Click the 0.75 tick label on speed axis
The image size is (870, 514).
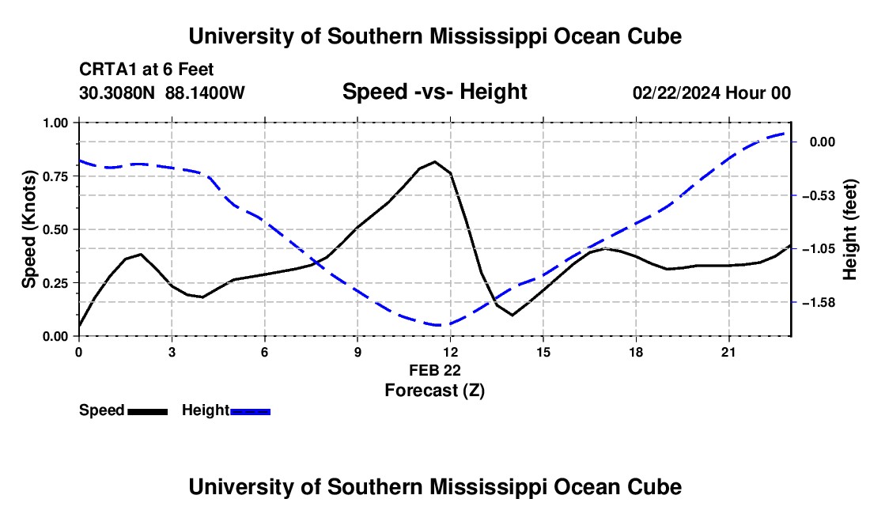[x=55, y=176]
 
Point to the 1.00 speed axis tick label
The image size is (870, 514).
[x=55, y=123]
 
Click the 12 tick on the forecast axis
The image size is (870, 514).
[x=451, y=352]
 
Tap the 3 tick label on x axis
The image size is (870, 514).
[x=172, y=352]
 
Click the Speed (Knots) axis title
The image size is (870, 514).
[x=28, y=229]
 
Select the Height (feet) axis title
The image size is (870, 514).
[x=849, y=229]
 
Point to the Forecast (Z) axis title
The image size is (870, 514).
[x=434, y=391]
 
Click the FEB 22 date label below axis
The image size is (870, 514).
[x=435, y=370]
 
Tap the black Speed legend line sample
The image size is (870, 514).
[x=148, y=412]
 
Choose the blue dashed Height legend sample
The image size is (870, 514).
[x=250, y=412]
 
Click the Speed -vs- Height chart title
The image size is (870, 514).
[x=434, y=92]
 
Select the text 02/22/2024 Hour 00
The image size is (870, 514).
[x=712, y=93]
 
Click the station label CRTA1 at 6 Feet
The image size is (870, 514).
[x=146, y=70]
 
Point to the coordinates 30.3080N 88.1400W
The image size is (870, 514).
[x=162, y=93]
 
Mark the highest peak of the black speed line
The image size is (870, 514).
[x=435, y=162]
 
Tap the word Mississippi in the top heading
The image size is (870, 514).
[x=488, y=36]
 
